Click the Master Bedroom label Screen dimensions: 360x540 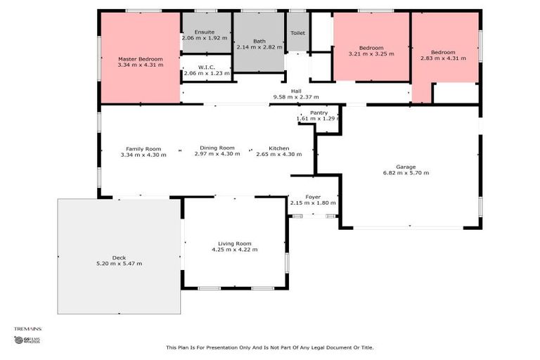pos(140,59)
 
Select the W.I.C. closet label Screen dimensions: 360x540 pos(205,67)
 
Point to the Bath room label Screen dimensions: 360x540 pos(259,41)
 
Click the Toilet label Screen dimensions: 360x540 pos(297,32)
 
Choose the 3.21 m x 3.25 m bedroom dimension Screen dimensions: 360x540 pos(371,53)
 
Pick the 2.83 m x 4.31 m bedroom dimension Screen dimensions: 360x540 pos(443,58)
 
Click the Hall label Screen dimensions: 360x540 pos(296,91)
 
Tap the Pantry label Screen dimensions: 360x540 pos(319,112)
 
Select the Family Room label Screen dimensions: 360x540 pos(143,148)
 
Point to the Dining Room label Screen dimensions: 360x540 pos(217,148)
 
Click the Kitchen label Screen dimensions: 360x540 pos(278,148)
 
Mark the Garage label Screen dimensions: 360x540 pos(406,167)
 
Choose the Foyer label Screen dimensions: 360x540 pos(313,197)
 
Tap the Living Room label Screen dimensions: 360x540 pos(234,243)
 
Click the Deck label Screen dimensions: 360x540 pos(119,257)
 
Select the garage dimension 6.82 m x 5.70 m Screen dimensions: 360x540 pos(406,173)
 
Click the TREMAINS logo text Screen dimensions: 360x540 pos(28,328)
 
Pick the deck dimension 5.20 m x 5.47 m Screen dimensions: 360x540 pos(119,264)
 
